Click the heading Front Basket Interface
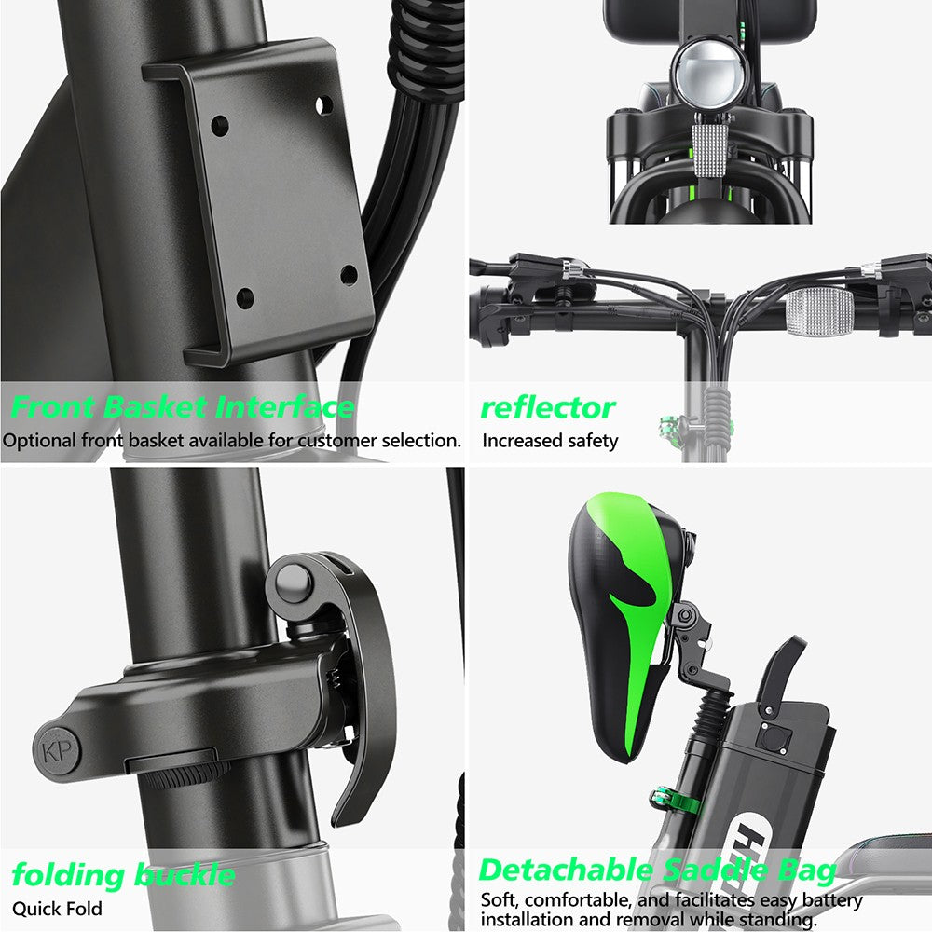pos(183,407)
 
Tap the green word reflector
pos(547,407)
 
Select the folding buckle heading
pos(123,875)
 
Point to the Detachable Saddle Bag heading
pos(657,870)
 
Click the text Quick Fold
pos(57,909)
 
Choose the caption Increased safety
pos(550,441)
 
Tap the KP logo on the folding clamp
pos(57,750)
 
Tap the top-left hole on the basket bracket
pos(221,123)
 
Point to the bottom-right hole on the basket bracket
pos(349,275)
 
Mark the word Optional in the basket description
pos(37,441)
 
